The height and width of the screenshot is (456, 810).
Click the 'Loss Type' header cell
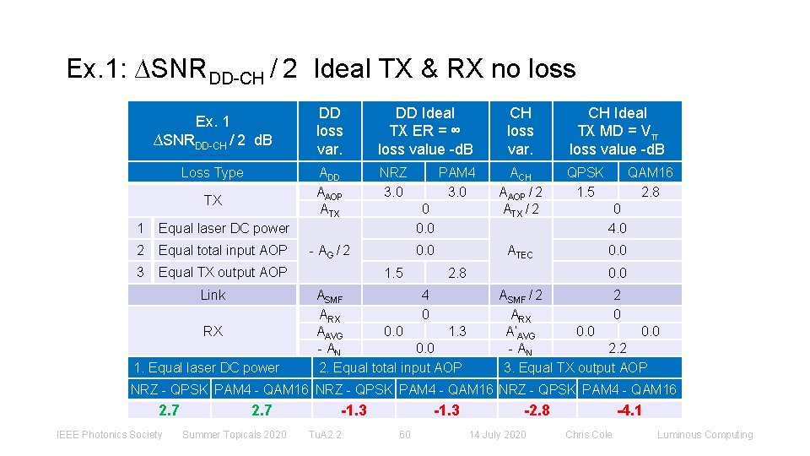pyautogui.click(x=212, y=172)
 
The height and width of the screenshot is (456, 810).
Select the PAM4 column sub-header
pyautogui.click(x=456, y=172)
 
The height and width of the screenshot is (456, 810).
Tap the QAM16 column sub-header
pyautogui.click(x=649, y=172)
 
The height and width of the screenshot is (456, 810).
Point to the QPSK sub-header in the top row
pyautogui.click(x=585, y=172)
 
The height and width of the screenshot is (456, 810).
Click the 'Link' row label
pyautogui.click(x=213, y=295)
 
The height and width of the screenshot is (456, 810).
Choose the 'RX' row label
pyautogui.click(x=213, y=331)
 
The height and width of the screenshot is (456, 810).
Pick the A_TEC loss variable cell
pyautogui.click(x=520, y=251)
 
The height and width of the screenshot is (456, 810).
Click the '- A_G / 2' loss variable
pyautogui.click(x=329, y=251)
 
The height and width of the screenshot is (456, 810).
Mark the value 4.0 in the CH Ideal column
pyautogui.click(x=617, y=228)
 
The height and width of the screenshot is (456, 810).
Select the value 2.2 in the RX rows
pyautogui.click(x=617, y=347)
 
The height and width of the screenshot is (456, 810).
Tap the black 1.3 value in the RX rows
pyautogui.click(x=456, y=331)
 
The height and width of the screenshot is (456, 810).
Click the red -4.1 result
pyautogui.click(x=629, y=410)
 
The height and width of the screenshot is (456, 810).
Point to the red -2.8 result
pyautogui.click(x=537, y=410)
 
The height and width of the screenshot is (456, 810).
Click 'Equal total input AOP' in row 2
pyautogui.click(x=223, y=250)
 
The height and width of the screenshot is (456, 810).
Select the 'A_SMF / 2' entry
pyautogui.click(x=521, y=296)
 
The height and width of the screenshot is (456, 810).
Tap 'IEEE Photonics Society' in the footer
pyautogui.click(x=109, y=435)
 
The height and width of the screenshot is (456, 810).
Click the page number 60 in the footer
pyautogui.click(x=404, y=435)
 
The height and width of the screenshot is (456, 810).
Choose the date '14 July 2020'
pyautogui.click(x=498, y=435)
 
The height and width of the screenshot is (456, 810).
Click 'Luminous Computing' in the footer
pyautogui.click(x=705, y=435)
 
